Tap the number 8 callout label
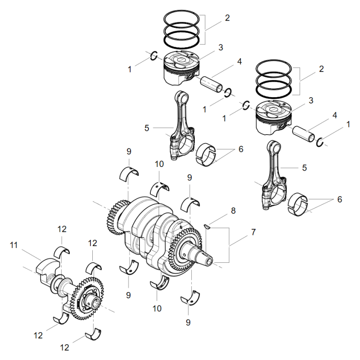tap(233, 210)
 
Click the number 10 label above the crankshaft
tap(159, 165)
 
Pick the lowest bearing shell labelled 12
tap(93, 336)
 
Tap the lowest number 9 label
tap(188, 322)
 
